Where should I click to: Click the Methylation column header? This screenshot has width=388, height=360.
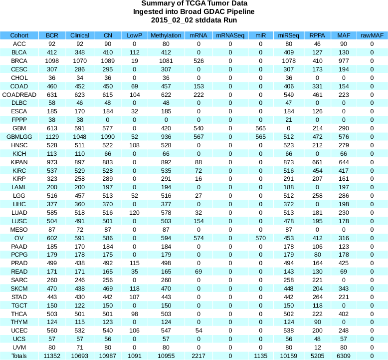coord(166,35)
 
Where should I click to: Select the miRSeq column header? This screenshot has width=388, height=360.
coord(288,35)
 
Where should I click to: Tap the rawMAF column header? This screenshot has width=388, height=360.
coord(372,35)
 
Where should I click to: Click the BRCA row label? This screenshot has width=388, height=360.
coord(19,61)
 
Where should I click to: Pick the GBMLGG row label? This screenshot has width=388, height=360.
coord(19,136)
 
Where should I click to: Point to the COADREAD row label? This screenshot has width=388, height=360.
coord(19,94)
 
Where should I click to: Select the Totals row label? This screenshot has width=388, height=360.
coord(19,356)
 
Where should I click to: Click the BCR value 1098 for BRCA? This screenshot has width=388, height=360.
coord(52,61)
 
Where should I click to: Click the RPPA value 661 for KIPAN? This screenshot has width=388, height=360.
coord(316,162)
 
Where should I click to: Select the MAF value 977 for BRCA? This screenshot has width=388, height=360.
coord(344,61)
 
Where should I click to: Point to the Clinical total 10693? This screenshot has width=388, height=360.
coord(80,356)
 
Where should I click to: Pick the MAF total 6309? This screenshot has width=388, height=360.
coord(344,356)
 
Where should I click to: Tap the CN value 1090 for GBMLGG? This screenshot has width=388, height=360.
coord(108,136)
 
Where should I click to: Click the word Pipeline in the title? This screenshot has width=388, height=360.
coord(238,12)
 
